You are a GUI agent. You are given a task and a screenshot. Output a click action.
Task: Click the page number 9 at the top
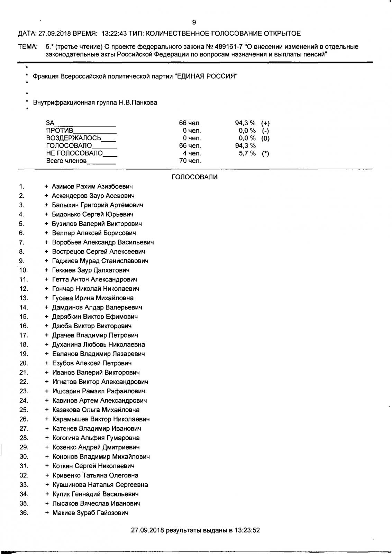pos(194,23)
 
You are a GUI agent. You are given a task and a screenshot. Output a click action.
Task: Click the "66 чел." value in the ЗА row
pos(190,123)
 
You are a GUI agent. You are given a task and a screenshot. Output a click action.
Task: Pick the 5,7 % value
pos(247,153)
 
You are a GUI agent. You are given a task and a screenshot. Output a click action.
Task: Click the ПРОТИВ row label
pos(60,131)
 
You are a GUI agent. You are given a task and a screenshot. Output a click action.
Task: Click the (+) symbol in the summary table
pos(265,123)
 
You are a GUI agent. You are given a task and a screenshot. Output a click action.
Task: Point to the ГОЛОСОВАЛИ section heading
pos(194,177)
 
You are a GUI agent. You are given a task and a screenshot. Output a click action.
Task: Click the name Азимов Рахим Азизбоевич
pos(92,187)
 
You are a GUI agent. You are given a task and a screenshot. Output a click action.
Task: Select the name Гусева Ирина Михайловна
pos(92,298)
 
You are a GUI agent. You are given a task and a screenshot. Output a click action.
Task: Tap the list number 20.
pos(24,363)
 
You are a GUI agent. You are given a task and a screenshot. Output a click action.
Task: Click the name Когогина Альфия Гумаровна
pos(96,438)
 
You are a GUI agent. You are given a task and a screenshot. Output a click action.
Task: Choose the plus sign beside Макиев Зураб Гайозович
pos(47,513)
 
